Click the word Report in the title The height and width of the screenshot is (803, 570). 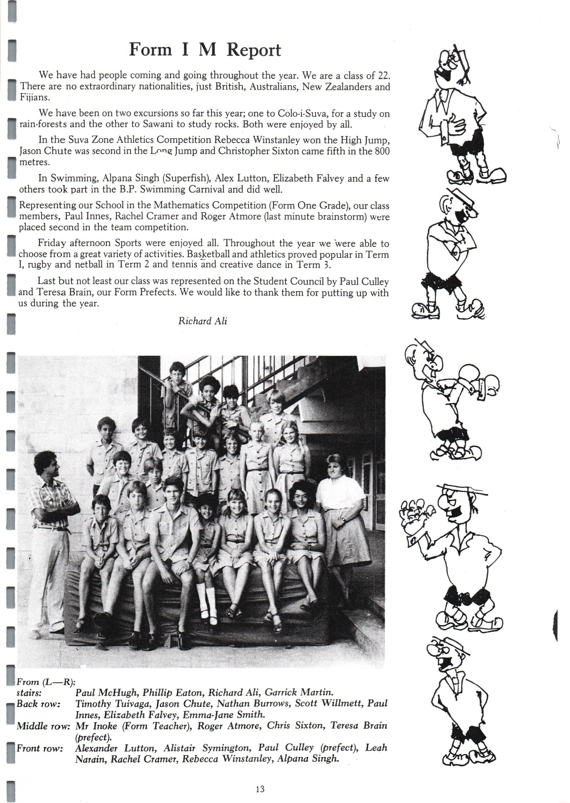pos(253,50)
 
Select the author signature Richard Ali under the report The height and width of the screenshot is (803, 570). pos(203,321)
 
